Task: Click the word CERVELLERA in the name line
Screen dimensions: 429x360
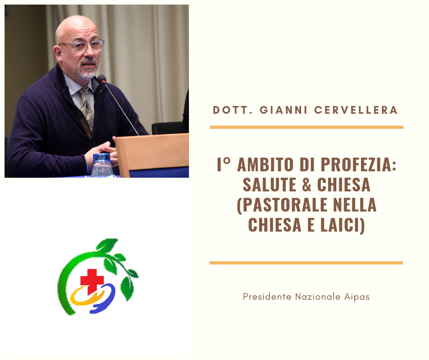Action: pos(356,110)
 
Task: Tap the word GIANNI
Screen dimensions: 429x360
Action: pos(283,110)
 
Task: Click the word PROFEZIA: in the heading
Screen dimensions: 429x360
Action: pos(358,164)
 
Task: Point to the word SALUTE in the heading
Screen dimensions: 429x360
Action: pos(269,185)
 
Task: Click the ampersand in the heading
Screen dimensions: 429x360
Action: pos(307,185)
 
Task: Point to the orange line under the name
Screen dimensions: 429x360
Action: pos(307,127)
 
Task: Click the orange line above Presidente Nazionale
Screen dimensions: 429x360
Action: pos(306,263)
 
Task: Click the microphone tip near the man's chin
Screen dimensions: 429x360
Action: pos(101,79)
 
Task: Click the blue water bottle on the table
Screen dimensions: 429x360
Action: pos(102,165)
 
